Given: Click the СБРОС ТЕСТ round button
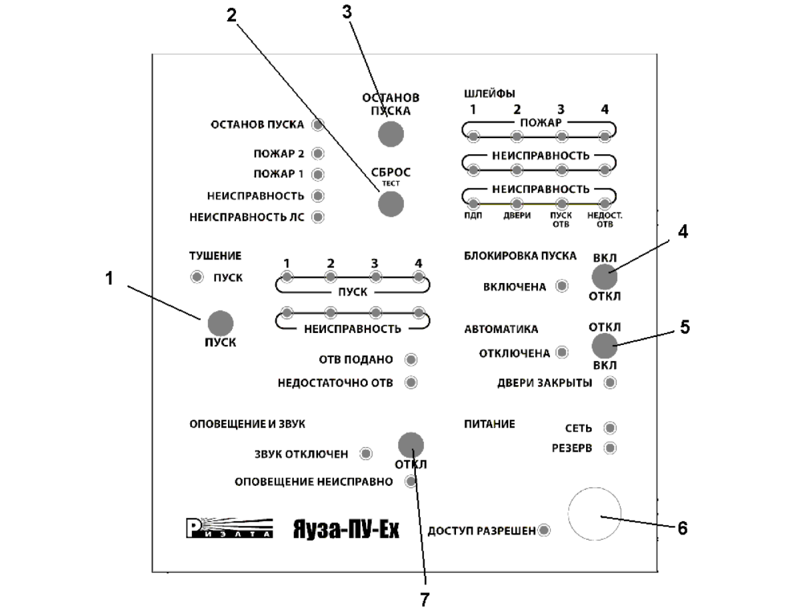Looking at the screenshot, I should tap(391, 204).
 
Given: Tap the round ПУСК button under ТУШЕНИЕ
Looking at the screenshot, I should tap(221, 324).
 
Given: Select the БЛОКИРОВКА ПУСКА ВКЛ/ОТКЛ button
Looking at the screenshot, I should tap(604, 276).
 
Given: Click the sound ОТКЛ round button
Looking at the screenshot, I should tap(411, 444).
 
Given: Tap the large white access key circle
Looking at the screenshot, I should tap(593, 513).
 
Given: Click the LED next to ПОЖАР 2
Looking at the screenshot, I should tap(318, 154).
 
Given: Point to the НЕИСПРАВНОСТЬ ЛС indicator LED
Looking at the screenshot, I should tap(318, 217).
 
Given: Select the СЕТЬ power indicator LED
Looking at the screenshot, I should tap(609, 428).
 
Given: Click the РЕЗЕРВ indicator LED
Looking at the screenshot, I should tap(609, 448).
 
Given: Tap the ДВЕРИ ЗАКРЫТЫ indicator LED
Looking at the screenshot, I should tap(609, 383).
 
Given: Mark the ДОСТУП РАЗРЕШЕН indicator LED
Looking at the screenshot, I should tap(544, 531).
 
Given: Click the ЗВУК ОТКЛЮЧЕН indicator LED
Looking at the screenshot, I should tap(366, 454).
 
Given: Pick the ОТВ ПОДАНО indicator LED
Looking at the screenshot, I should tap(411, 360).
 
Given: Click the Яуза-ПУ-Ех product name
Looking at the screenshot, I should tap(346, 530).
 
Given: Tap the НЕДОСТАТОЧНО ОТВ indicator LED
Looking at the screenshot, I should tap(411, 382).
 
